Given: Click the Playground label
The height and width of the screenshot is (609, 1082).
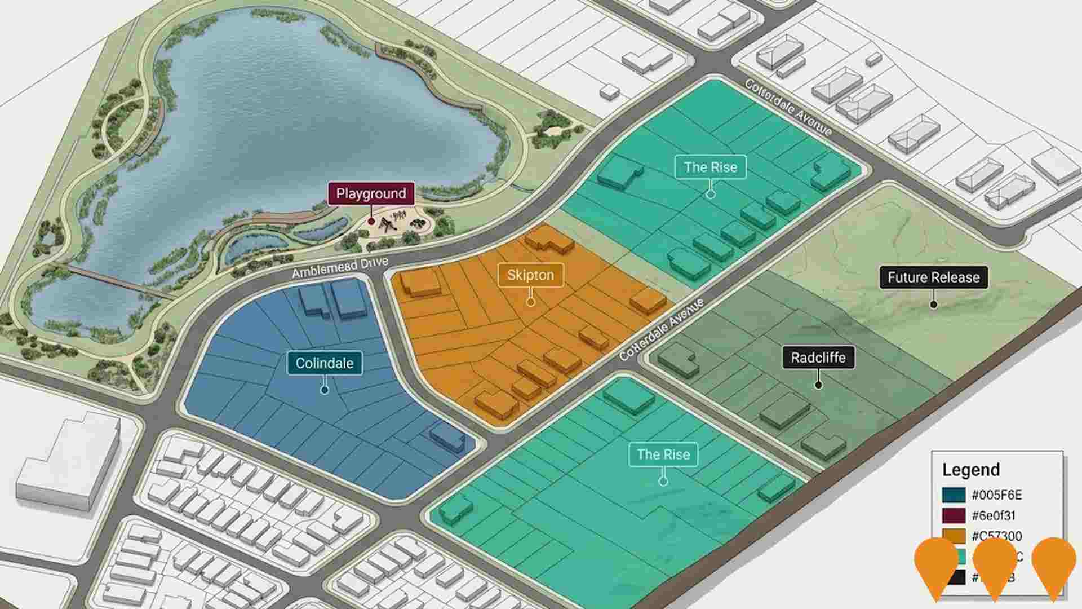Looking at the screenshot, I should click(x=371, y=193).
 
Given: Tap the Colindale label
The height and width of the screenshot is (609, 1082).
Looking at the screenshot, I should click(x=324, y=363).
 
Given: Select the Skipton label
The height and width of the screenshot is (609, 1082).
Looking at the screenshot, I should click(x=530, y=275).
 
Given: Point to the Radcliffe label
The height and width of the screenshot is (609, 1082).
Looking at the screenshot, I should click(x=818, y=358).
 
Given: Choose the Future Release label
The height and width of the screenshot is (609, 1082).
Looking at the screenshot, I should click(x=933, y=277).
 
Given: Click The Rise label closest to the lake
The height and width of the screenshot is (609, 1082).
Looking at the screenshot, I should click(x=710, y=167).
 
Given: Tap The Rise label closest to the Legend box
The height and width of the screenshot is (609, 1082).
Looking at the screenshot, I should click(x=663, y=454).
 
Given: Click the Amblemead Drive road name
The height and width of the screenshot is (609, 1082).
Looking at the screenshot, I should click(x=340, y=268).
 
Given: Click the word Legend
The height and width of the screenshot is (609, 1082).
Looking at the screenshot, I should click(x=971, y=470).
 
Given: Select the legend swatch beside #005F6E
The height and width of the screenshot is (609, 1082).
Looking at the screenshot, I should click(x=954, y=495).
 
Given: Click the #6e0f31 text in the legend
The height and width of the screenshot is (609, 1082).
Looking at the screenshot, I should click(x=994, y=515).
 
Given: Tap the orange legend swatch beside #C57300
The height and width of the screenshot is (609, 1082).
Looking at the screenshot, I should click(x=954, y=536).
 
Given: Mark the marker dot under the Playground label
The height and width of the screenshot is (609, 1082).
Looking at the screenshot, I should click(x=371, y=221).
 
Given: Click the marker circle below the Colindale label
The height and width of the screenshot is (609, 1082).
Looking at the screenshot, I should click(x=324, y=390).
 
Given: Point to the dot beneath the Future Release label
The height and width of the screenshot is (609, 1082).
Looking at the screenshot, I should click(x=933, y=304).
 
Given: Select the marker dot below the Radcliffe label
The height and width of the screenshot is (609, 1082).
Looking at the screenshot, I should click(x=818, y=385).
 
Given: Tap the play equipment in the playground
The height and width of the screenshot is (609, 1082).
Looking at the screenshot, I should click(x=389, y=224).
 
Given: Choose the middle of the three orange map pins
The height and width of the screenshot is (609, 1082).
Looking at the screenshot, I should click(x=995, y=564).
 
